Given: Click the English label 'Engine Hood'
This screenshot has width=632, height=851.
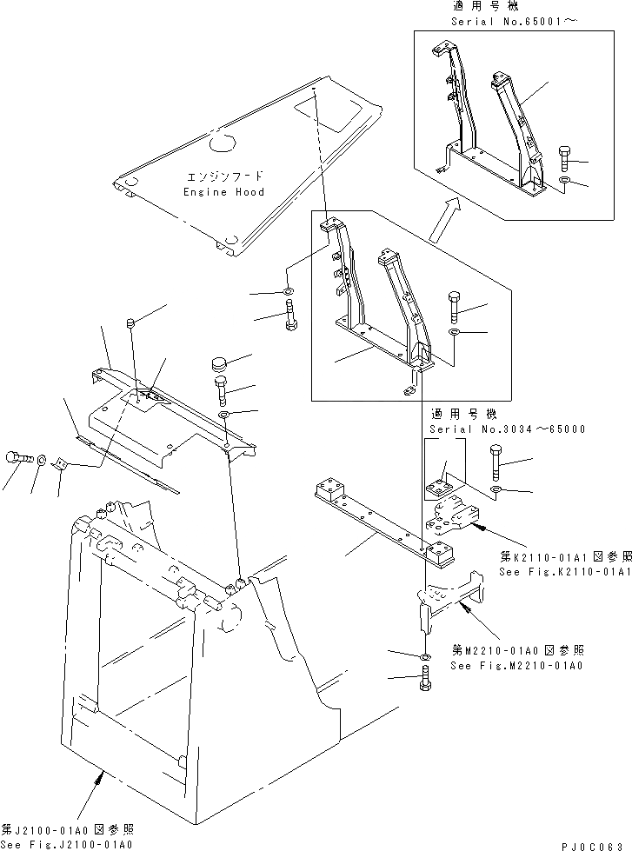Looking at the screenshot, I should pos(223,191).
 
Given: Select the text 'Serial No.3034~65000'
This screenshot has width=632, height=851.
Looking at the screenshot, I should pos(506,429).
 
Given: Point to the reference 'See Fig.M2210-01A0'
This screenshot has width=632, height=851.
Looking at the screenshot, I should pos(516,666).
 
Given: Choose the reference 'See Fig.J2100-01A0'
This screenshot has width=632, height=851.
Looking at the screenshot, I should pos(67,844).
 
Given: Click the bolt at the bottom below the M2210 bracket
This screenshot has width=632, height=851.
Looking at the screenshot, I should pos(425,682).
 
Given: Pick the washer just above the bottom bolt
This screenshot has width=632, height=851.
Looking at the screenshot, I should pos(424,655).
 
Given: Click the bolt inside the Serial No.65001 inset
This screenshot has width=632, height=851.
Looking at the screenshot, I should pos(561,157).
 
